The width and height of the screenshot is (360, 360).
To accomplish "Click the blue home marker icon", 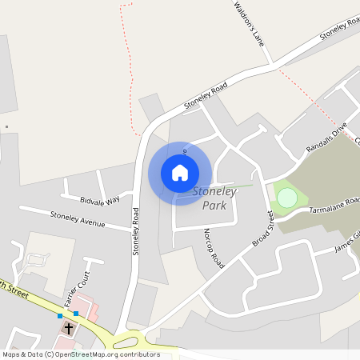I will [x=180, y=172].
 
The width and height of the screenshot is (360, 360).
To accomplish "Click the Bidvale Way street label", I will [x=100, y=199].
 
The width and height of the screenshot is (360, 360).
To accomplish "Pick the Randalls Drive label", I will [x=326, y=138].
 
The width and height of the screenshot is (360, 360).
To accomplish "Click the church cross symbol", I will [x=69, y=328].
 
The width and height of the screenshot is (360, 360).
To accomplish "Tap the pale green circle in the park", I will [x=287, y=197].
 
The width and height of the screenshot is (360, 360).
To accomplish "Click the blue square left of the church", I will [x=59, y=316].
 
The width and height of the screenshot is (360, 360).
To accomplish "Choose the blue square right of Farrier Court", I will [x=76, y=314].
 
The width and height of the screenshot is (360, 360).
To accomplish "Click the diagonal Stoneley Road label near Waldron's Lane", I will [x=206, y=96].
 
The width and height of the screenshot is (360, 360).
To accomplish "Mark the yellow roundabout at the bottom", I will [x=129, y=339].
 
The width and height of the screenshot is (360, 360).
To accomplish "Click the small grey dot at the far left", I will [x=6, y=126].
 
